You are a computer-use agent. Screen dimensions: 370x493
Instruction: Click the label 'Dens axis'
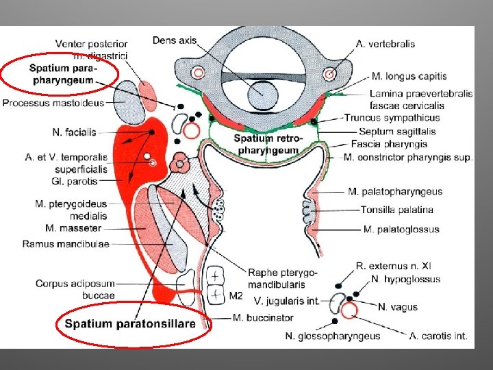tap(174, 40)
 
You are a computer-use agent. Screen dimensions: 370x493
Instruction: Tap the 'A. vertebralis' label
tap(385, 44)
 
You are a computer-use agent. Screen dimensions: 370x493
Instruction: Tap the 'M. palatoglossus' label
tap(401, 229)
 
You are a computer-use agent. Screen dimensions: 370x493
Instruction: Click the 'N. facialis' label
tap(74, 132)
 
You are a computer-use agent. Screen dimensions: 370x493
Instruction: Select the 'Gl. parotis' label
tap(75, 182)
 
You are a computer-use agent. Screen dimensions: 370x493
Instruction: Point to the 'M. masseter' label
tap(73, 228)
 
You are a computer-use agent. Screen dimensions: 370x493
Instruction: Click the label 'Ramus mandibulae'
tap(66, 243)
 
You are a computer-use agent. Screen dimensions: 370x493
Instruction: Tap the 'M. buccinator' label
tap(263, 318)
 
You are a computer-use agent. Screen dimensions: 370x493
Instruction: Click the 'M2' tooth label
tap(236, 296)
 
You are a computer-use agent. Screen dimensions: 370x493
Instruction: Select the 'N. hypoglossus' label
tap(406, 279)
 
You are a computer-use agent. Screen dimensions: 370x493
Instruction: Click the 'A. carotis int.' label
tap(438, 336)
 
